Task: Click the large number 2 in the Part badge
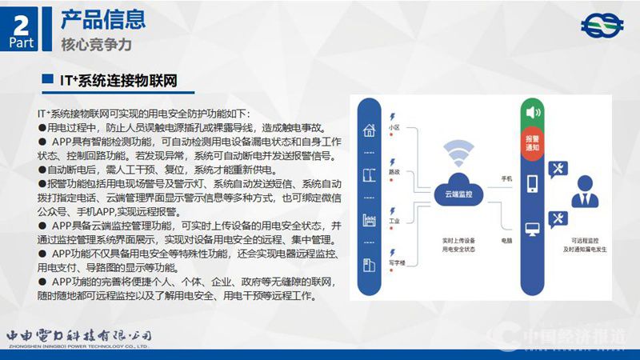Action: [x=22, y=22]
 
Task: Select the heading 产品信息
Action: [x=103, y=17]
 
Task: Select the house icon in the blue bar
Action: [x=370, y=130]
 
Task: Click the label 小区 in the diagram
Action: [x=394, y=127]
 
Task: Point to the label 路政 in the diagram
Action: [x=394, y=171]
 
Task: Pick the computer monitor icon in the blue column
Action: [x=532, y=230]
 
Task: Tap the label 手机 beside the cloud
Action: [x=506, y=178]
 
